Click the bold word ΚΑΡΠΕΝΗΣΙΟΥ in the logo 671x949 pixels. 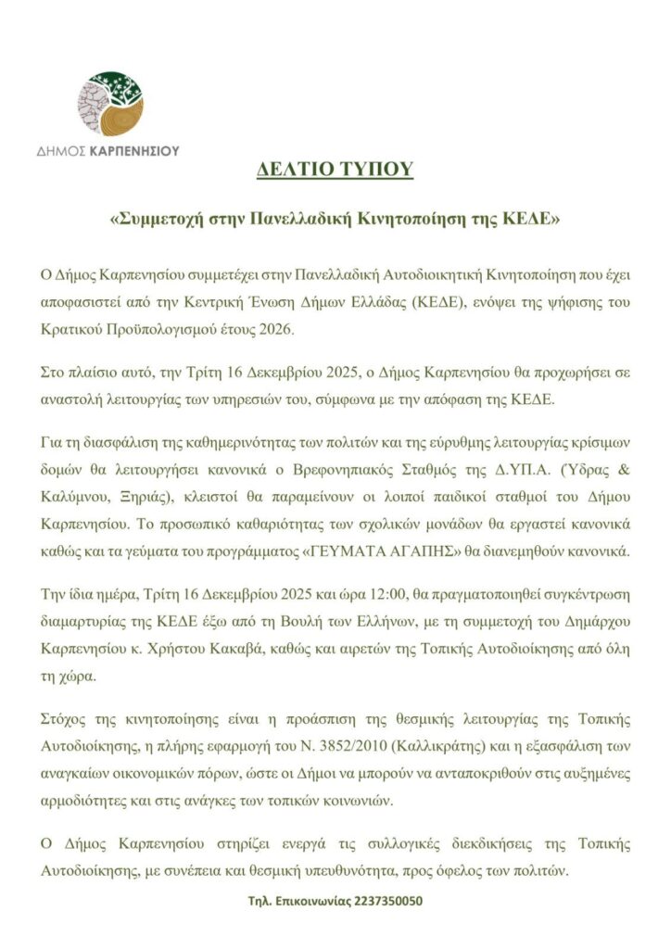click(133, 150)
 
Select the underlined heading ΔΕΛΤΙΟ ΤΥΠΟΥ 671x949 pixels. click(335, 171)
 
